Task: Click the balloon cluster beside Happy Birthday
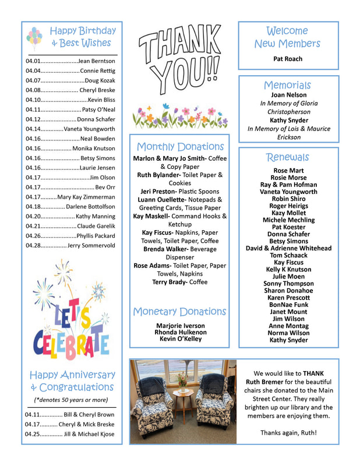coord(34,37)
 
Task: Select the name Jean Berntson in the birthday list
coord(96,61)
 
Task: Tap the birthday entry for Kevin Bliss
coord(101,100)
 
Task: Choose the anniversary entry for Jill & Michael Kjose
coord(70,434)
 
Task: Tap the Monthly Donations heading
coord(179,147)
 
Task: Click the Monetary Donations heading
coord(179,312)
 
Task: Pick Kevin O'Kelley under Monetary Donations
coord(180,339)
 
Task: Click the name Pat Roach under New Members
coord(288,59)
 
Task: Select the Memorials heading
coord(288,85)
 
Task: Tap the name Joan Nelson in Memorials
coord(288,95)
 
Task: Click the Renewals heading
coord(288,157)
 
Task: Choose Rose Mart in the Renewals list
coord(288,171)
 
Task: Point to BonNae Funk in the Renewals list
coord(288,305)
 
